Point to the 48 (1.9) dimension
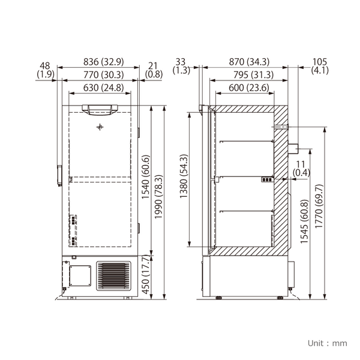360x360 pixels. point(46,68)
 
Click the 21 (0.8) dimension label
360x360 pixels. point(154,68)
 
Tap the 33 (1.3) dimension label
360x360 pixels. point(181,66)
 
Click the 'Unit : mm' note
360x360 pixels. point(327,343)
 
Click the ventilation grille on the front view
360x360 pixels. point(113,276)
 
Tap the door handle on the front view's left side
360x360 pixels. point(59,175)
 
